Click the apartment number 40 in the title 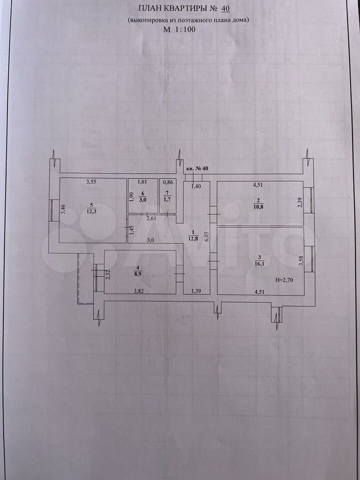coord(225,8)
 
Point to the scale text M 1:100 coord(179,29)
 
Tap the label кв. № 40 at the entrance coord(197,168)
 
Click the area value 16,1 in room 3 coord(258,262)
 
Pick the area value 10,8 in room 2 coord(258,206)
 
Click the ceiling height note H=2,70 coord(284,279)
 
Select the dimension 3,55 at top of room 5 coord(91,182)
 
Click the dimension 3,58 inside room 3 coord(301,261)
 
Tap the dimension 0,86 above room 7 coord(168,182)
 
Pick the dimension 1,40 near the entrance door coord(196,186)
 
